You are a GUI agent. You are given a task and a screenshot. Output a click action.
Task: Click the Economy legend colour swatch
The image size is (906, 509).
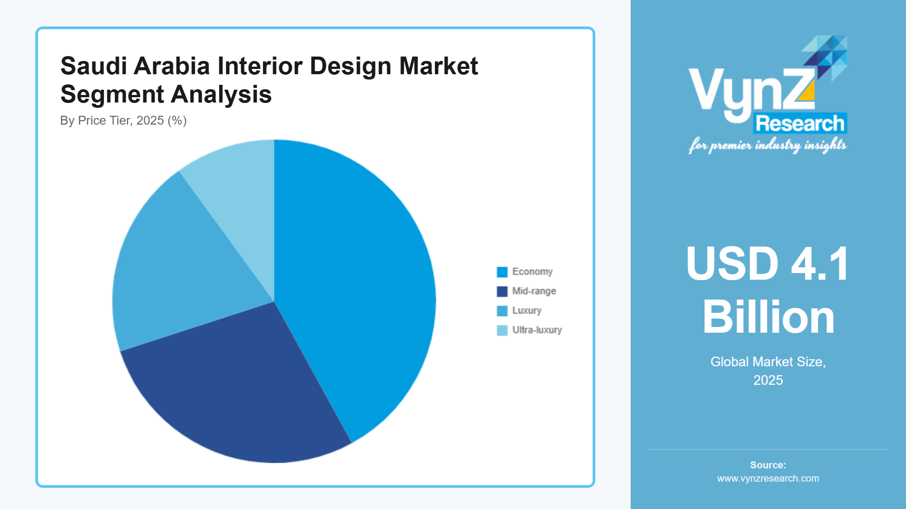[x=502, y=272]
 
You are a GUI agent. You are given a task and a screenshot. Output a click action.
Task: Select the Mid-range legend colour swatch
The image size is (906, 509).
[x=502, y=292]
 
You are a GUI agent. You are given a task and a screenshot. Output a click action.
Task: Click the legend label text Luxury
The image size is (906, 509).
[x=526, y=311]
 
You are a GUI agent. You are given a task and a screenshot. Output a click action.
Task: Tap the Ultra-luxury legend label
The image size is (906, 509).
[x=537, y=330]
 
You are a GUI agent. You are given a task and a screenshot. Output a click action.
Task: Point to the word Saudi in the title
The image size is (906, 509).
[x=93, y=66]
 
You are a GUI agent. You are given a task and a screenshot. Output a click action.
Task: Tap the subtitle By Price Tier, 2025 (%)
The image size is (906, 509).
[x=123, y=121]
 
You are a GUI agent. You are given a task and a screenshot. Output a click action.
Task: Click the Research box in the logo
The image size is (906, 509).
[x=800, y=124]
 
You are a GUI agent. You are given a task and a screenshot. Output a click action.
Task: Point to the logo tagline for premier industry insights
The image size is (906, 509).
[x=767, y=145]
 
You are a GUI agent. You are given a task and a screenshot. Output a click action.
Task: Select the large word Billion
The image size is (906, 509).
[x=768, y=317]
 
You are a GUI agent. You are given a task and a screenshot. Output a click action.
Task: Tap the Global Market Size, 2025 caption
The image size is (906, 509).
[x=768, y=371]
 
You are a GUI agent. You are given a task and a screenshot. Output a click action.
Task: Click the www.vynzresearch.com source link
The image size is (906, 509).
[x=768, y=479]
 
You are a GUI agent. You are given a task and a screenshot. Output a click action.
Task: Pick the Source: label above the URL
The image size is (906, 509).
[x=768, y=465]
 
